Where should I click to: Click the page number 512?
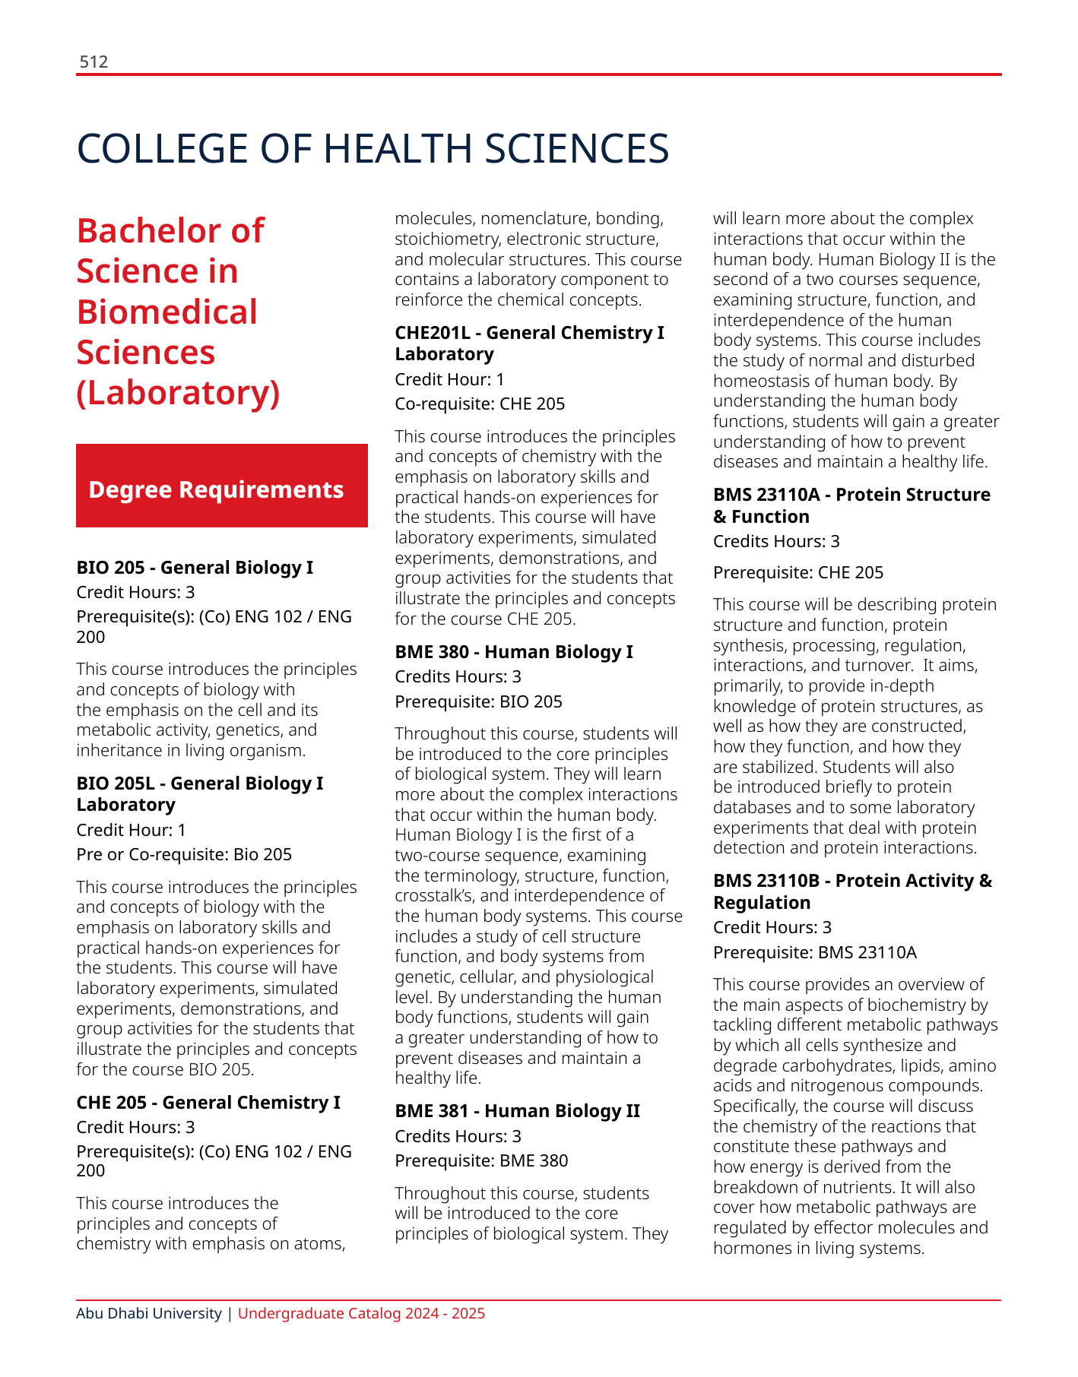click(94, 62)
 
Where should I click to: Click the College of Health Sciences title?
click(373, 149)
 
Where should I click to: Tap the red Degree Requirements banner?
click(221, 486)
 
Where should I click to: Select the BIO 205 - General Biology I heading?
click(195, 568)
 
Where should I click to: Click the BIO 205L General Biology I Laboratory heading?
click(199, 794)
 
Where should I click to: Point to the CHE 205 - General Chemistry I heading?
click(208, 1103)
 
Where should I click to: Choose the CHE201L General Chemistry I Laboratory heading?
click(529, 343)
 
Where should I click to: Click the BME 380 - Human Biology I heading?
click(513, 652)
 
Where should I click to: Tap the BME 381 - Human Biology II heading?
click(517, 1111)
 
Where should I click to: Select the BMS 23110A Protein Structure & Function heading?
click(851, 505)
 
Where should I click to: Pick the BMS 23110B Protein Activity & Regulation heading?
click(852, 891)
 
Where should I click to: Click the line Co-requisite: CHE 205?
click(480, 404)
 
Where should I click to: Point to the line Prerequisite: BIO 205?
click(478, 702)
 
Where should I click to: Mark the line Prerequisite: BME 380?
click(481, 1161)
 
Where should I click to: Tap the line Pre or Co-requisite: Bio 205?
click(184, 855)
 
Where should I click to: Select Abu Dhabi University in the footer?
click(149, 1314)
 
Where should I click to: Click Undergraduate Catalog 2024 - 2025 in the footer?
click(361, 1314)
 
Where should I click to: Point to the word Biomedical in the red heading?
click(167, 312)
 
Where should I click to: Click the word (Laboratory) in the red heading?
click(179, 394)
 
